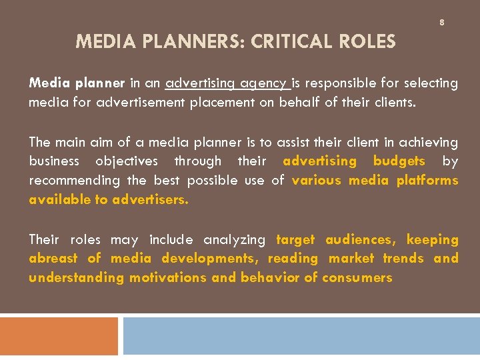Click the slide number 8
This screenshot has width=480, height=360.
click(x=441, y=23)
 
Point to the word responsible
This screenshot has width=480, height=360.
click(x=342, y=83)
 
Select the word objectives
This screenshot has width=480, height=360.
click(x=127, y=161)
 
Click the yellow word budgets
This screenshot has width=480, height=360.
click(x=399, y=161)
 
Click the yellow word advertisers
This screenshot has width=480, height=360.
click(x=151, y=199)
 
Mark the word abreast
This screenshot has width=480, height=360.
click(x=53, y=259)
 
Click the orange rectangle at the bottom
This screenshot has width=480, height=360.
click(x=59, y=335)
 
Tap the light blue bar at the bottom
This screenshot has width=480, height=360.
click(x=301, y=335)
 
